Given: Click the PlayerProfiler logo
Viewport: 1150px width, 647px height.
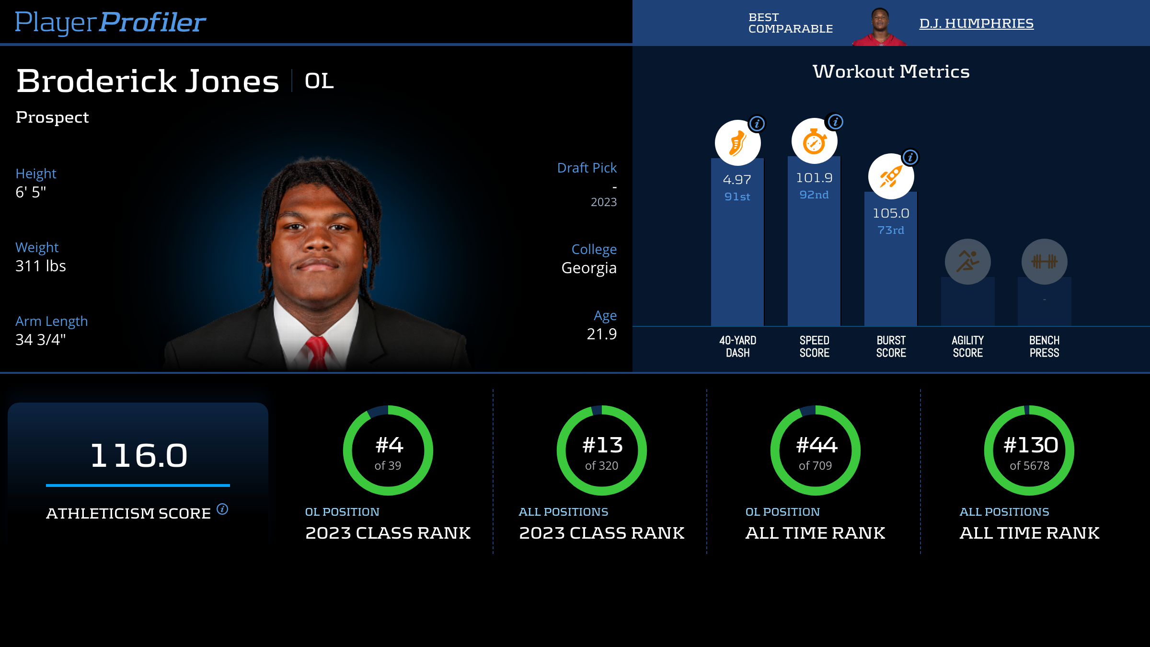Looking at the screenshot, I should (x=110, y=22).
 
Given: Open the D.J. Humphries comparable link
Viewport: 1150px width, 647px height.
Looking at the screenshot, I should (x=976, y=23).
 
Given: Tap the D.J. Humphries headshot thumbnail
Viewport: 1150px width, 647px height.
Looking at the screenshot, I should (x=879, y=27).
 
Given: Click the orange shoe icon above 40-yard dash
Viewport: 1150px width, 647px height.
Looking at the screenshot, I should (x=737, y=143).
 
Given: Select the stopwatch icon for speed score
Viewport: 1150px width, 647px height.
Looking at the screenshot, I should (x=814, y=141).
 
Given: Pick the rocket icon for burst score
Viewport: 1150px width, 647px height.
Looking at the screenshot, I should (x=891, y=176).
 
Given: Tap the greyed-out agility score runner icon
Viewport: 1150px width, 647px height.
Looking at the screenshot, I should (x=967, y=262).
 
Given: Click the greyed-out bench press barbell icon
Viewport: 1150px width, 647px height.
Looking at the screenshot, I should (x=1044, y=262).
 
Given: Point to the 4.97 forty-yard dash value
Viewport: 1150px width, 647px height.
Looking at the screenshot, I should (x=737, y=180).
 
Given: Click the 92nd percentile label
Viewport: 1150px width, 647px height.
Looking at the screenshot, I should (x=814, y=195).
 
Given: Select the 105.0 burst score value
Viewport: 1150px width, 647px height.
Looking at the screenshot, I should (x=891, y=213).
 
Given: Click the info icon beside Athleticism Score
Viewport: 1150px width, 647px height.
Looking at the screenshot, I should (x=222, y=509).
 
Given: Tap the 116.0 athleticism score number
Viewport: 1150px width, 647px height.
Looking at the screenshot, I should (x=138, y=455).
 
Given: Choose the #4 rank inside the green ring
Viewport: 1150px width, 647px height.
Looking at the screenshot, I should (x=389, y=445).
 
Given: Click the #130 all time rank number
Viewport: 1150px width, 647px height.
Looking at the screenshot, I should (x=1031, y=445).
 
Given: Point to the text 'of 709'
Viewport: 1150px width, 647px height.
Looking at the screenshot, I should (x=815, y=466).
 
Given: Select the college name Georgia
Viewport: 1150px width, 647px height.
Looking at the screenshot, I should (x=589, y=268).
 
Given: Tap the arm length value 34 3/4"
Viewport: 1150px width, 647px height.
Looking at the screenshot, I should (x=41, y=340).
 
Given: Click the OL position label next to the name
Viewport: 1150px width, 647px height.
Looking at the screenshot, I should (x=319, y=81).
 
